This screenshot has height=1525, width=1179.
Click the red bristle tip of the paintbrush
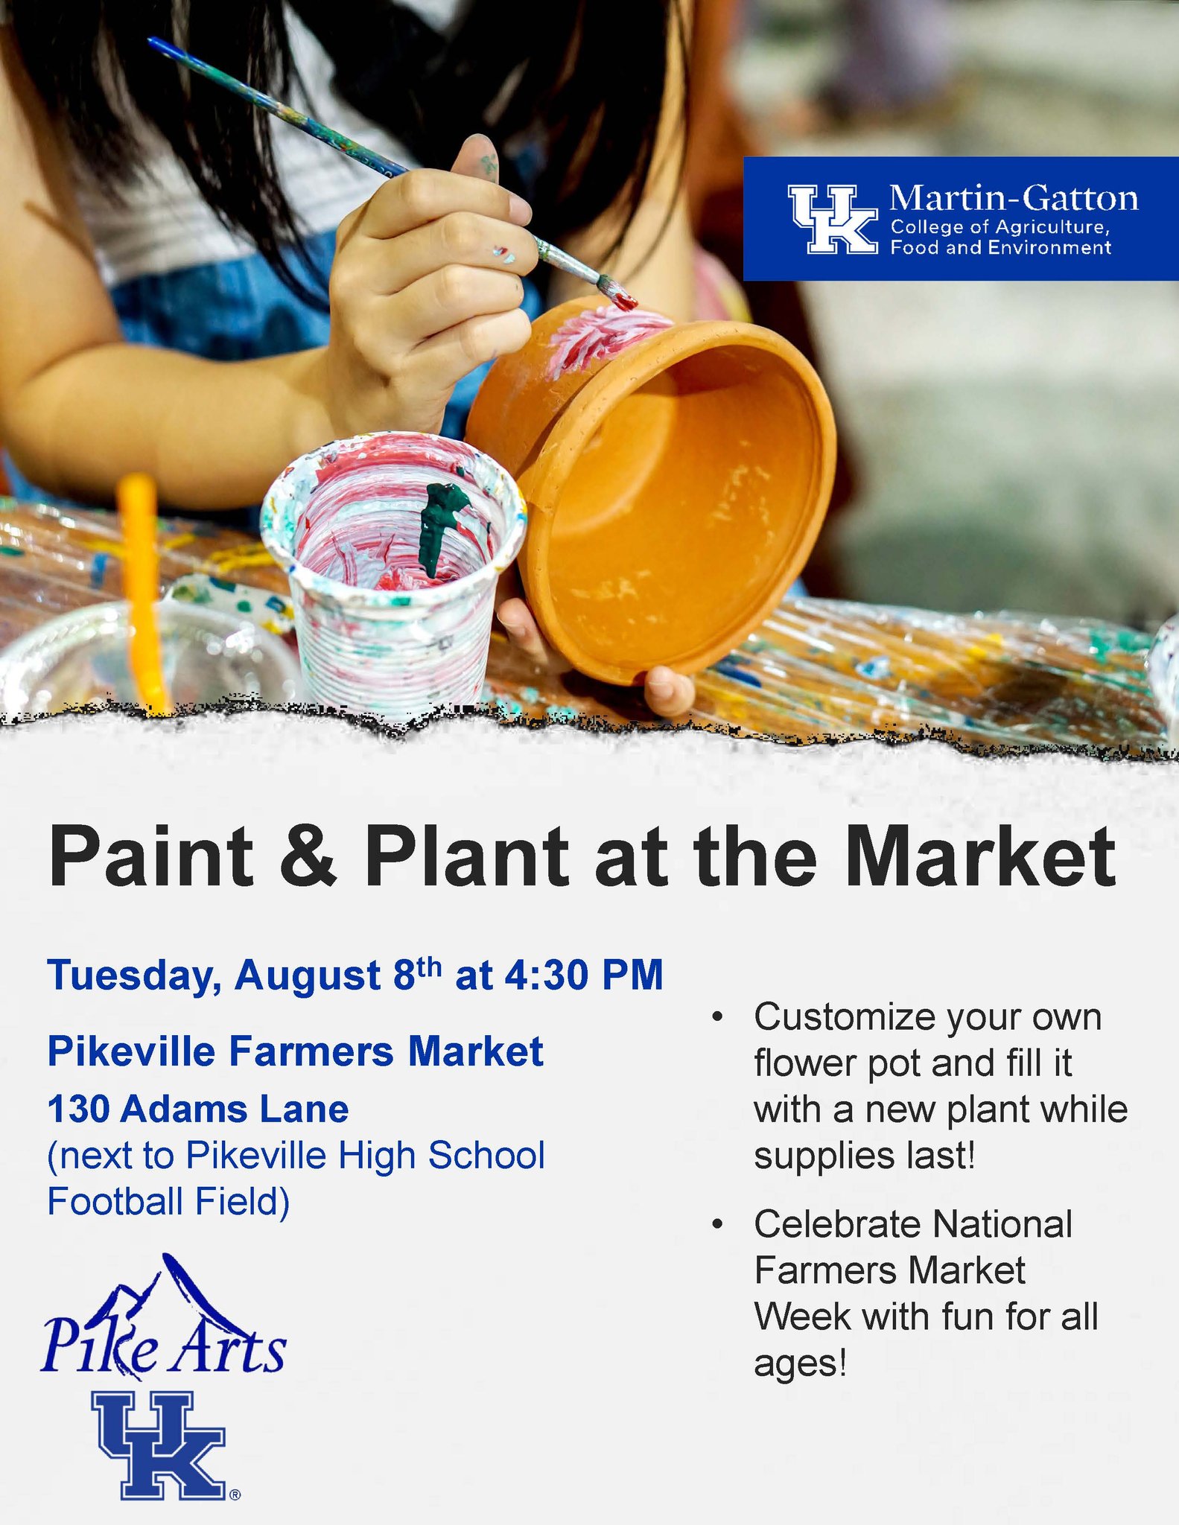[623, 299]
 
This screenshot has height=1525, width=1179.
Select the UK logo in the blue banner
[833, 219]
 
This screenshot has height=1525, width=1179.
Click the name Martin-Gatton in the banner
[1013, 198]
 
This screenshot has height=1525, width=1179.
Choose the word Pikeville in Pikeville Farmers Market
[131, 1051]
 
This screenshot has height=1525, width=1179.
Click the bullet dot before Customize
[716, 1017]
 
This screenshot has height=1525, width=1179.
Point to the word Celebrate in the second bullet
[838, 1225]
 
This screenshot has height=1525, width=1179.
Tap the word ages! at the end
[800, 1363]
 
